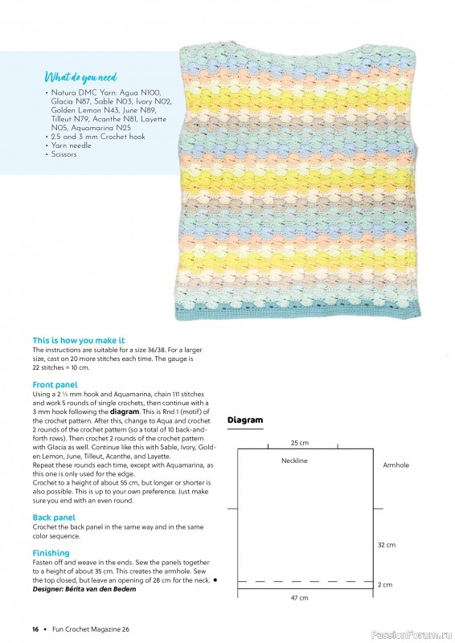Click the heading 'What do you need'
pyautogui.click(x=80, y=77)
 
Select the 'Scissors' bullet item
pyautogui.click(x=64, y=154)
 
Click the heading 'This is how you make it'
pyautogui.click(x=78, y=341)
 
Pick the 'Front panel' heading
pyautogui.click(x=55, y=385)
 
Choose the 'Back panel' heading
pyautogui.click(x=54, y=517)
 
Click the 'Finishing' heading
pyautogui.click(x=51, y=553)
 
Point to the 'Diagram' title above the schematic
pyautogui.click(x=245, y=420)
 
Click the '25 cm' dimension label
pyautogui.click(x=300, y=443)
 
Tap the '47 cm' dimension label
pyautogui.click(x=300, y=599)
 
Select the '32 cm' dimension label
pyautogui.click(x=386, y=545)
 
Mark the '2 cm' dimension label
pyautogui.click(x=384, y=584)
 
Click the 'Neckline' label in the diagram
pyautogui.click(x=294, y=461)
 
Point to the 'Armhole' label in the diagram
pyautogui.click(x=396, y=465)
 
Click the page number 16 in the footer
pyautogui.click(x=35, y=628)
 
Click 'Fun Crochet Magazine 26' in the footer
pyautogui.click(x=88, y=628)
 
